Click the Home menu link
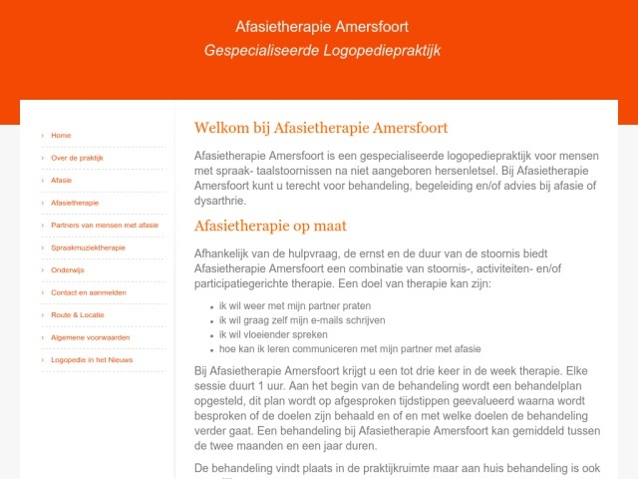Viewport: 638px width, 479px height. (61, 135)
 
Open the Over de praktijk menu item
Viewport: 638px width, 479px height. (77, 158)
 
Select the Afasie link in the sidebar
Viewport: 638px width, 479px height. (62, 181)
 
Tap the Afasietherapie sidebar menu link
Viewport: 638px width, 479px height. (75, 203)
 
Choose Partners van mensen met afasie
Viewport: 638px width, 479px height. (105, 226)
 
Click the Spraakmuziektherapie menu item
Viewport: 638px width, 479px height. (88, 247)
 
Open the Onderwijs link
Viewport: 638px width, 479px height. (68, 269)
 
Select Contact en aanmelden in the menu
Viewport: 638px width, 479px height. (89, 292)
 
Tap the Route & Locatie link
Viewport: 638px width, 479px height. (78, 314)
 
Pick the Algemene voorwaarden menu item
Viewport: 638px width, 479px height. (90, 337)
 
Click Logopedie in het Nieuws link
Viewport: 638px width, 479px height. (92, 359)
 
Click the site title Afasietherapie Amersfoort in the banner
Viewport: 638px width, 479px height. (321, 26)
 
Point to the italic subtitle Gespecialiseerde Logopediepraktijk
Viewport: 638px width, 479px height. (321, 50)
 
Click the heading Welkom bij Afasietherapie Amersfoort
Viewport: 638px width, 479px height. (321, 128)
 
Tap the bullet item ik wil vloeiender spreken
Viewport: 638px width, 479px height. (273, 334)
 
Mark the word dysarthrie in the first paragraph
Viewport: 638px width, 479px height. (221, 200)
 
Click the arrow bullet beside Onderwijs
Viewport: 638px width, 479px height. (43, 269)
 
